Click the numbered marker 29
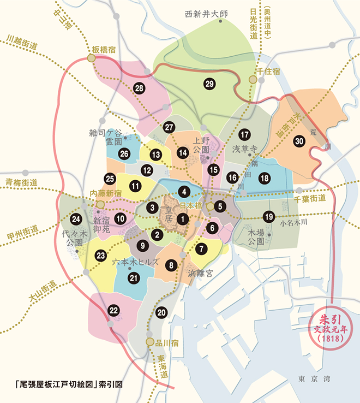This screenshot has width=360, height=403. point(209,84)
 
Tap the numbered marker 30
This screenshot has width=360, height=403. point(299,140)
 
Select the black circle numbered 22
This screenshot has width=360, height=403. point(113,311)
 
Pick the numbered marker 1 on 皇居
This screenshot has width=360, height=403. point(184,219)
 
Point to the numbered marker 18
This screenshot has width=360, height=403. point(265,178)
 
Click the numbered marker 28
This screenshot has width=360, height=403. point(139,88)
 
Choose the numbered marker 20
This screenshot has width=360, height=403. point(161,312)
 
